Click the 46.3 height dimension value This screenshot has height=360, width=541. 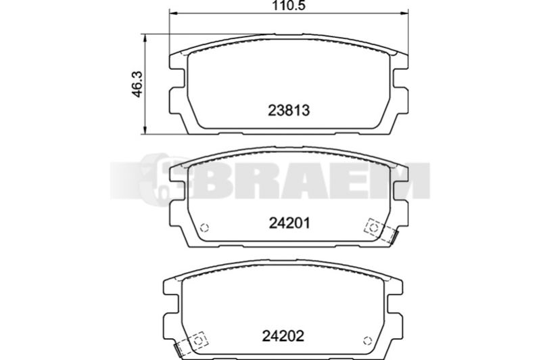138,85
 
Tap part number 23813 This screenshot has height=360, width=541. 289,110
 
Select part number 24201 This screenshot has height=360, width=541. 289,223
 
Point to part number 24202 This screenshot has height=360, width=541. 283,336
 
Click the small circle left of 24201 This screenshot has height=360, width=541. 205,228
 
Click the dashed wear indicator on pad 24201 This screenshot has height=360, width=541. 380,230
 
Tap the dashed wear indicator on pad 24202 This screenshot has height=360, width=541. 191,344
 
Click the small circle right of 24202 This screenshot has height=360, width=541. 367,340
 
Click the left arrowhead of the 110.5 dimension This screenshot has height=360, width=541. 173,13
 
